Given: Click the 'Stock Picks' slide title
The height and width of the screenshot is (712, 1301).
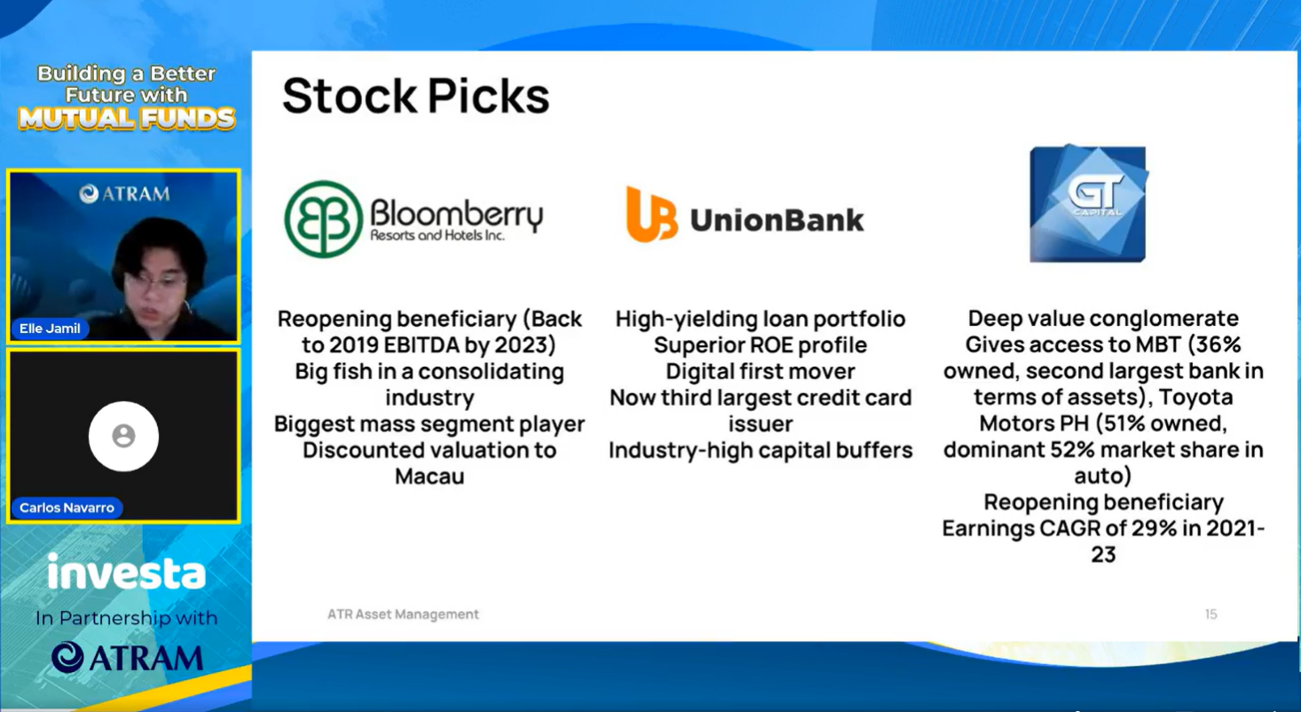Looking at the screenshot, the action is click(x=415, y=96).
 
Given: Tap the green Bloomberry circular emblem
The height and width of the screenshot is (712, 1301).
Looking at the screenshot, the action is click(x=324, y=218).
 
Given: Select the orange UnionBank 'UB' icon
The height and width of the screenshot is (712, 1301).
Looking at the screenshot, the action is click(x=651, y=214).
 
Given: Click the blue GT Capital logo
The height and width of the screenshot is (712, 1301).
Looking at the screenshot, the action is click(x=1088, y=203).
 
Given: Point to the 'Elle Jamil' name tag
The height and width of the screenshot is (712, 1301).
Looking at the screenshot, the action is click(x=50, y=328).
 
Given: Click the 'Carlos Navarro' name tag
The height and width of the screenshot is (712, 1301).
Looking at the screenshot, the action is click(x=67, y=508).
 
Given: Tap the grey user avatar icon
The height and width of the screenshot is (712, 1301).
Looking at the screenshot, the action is click(x=123, y=436).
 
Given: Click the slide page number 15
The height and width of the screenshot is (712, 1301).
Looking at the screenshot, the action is click(x=1211, y=614).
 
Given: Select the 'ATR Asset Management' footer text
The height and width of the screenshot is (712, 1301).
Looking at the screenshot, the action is click(x=403, y=614).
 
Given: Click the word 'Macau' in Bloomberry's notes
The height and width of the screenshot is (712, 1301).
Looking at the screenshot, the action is click(x=430, y=477).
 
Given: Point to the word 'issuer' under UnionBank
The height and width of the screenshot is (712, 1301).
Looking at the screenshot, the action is click(x=761, y=423).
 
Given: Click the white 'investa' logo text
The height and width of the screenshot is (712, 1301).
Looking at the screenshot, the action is click(x=127, y=572).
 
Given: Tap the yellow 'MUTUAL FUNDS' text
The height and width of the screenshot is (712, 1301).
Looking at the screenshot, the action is click(x=127, y=118).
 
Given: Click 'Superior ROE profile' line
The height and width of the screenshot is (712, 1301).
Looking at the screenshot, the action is click(x=761, y=345).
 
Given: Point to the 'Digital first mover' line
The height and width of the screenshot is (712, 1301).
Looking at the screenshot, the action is click(x=761, y=371).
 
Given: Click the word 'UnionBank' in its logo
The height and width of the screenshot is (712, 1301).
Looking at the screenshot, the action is click(x=777, y=220).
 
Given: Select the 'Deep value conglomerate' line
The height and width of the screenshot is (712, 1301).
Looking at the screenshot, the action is click(x=1103, y=319).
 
